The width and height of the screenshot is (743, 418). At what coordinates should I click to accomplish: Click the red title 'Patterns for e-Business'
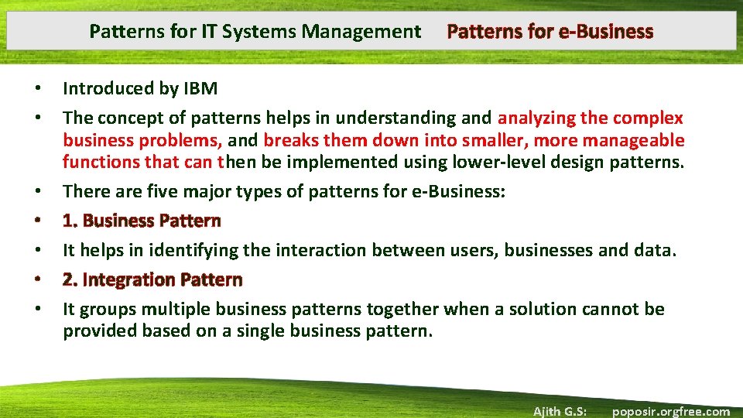(550, 32)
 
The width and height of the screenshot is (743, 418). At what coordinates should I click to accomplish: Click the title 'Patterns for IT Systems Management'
(255, 32)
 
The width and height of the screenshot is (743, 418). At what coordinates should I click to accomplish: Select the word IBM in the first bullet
(200, 88)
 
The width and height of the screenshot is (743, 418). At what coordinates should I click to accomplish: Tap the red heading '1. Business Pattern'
(142, 221)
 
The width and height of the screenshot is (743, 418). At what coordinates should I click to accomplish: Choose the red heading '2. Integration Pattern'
(152, 279)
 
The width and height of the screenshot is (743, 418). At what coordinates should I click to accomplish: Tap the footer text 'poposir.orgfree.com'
(671, 411)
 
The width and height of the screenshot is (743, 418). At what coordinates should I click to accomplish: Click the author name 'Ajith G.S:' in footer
(560, 411)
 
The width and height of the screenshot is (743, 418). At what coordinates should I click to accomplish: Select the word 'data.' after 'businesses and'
(657, 250)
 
